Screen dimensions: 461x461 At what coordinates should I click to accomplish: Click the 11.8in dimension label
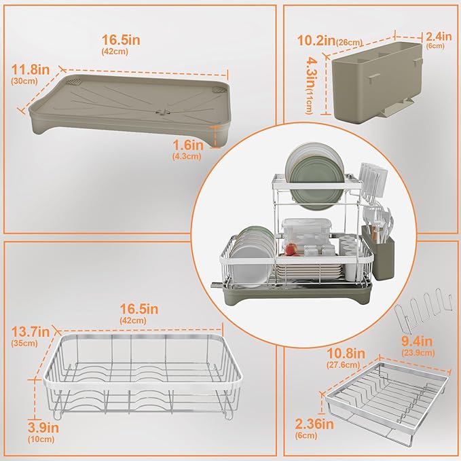[x=31, y=70]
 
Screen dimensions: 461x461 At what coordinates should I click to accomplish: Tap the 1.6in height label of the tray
[x=187, y=145]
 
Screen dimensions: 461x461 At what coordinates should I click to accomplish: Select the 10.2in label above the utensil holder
[x=316, y=40]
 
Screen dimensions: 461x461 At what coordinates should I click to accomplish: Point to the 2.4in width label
[x=439, y=37]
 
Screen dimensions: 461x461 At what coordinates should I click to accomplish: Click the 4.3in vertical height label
[x=311, y=73]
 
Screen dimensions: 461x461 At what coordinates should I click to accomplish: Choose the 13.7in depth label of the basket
[x=31, y=332]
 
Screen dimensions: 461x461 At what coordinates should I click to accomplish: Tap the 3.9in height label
[x=43, y=428]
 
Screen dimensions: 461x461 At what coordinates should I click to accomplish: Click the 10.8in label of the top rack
[x=346, y=353]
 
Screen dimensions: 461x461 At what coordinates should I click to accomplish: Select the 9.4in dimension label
[x=417, y=342]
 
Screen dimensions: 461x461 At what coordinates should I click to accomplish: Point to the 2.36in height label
[x=314, y=424]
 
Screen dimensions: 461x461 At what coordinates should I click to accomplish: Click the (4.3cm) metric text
[x=187, y=156]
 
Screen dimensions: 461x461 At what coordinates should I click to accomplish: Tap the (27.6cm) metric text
[x=343, y=365]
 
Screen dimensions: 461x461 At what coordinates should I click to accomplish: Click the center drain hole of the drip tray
[x=162, y=112]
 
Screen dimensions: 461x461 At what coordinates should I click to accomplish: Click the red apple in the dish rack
[x=291, y=249]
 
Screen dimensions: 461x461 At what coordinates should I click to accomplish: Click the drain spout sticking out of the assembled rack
[x=217, y=285]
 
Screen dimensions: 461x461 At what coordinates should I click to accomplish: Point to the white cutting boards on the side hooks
[x=373, y=179]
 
